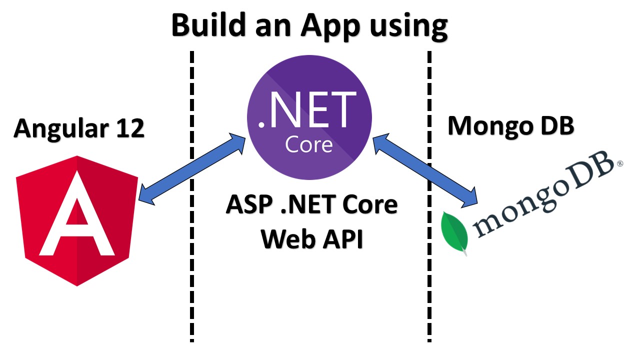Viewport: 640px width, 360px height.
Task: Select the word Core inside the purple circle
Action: coord(308,144)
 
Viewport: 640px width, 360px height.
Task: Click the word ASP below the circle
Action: coord(246,205)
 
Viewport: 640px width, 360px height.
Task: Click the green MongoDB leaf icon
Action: coord(454,232)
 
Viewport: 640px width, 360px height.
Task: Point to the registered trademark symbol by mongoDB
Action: coord(620,163)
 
